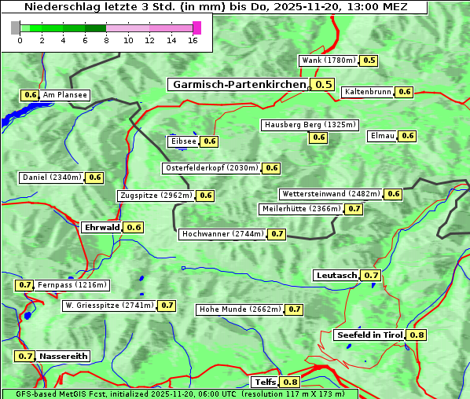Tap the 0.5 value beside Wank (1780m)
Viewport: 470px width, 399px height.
(369, 60)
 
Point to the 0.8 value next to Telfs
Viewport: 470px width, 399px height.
(291, 383)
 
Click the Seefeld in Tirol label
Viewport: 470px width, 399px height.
(369, 335)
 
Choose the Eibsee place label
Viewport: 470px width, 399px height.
(183, 141)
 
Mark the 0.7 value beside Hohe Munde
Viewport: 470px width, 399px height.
(294, 309)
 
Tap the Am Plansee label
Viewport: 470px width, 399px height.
(65, 95)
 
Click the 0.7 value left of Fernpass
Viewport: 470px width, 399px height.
(25, 285)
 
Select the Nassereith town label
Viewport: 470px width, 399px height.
(64, 356)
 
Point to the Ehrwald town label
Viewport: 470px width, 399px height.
(101, 228)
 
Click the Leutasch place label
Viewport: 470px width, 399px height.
(336, 276)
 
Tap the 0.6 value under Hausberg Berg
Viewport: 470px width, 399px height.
(318, 137)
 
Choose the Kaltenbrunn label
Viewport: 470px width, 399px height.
(368, 92)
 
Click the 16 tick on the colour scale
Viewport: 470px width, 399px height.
(192, 41)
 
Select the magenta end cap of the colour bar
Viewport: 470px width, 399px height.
(196, 27)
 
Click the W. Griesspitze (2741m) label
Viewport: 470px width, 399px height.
(109, 306)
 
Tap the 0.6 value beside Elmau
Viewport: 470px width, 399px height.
(407, 136)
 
